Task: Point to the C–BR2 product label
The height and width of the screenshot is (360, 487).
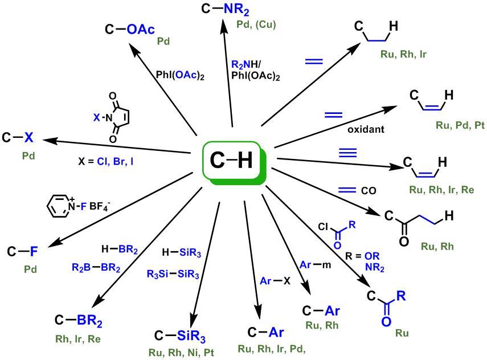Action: coord(79,320)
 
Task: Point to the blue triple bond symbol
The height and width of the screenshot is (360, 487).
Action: coord(346,152)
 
